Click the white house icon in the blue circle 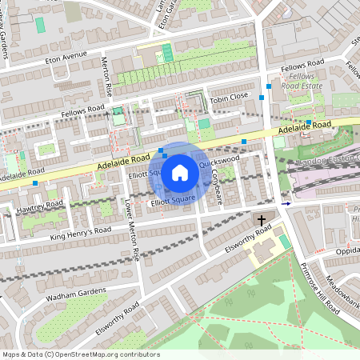(180, 172)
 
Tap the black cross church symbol (262, 219)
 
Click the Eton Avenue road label (65, 58)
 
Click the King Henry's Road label (79, 230)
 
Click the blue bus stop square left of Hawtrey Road (35, 183)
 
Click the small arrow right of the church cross (286, 203)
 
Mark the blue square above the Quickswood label (243, 141)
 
